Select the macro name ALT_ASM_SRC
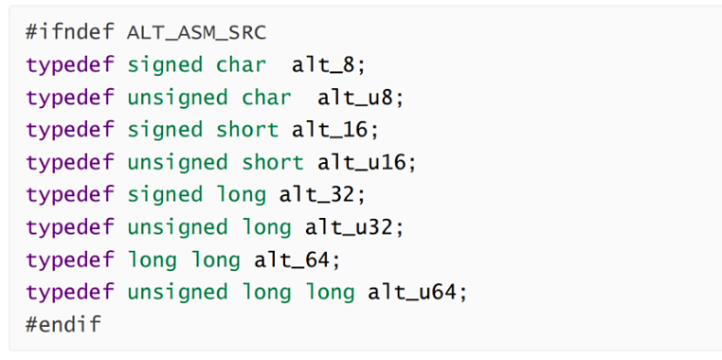pos(196,32)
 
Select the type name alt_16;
pos(336,129)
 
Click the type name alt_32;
pos(322,194)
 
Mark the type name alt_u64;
pos(418,292)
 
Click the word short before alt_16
pos(247,129)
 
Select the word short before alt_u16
pos(273,162)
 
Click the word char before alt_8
pos(242,64)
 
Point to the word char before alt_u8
pos(266,97)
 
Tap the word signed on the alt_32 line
pos(165,194)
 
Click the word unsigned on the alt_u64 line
pos(177,292)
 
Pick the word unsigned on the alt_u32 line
pos(177,226)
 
